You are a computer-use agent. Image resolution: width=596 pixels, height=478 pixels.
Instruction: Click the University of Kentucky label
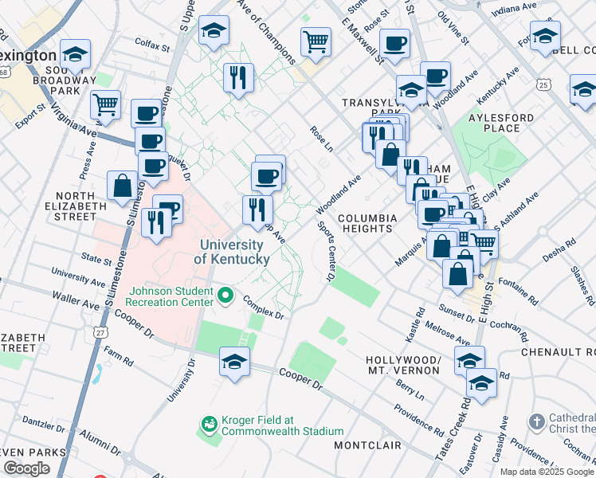pyautogui.click(x=231, y=252)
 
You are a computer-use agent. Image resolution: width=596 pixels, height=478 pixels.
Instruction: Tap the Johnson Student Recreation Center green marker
pyautogui.click(x=225, y=296)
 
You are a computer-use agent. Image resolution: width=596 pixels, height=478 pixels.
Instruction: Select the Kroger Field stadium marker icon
pyautogui.click(x=210, y=423)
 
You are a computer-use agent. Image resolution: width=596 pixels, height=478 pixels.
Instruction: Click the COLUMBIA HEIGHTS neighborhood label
pyautogui.click(x=367, y=223)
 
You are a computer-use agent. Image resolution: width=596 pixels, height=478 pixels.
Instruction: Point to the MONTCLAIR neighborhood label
pyautogui.click(x=366, y=445)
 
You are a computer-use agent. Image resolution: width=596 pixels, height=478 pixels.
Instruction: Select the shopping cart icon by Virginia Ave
pyautogui.click(x=105, y=104)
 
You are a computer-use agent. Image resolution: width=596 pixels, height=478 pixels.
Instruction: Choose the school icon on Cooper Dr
pyautogui.click(x=234, y=362)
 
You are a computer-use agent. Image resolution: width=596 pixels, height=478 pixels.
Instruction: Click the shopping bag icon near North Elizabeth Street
pyautogui.click(x=122, y=186)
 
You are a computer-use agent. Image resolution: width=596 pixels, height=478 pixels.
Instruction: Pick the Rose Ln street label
pyautogui.click(x=321, y=138)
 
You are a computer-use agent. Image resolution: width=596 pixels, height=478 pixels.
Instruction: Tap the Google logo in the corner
pyautogui.click(x=26, y=468)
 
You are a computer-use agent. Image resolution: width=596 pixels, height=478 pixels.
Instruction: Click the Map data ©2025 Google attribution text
pyautogui.click(x=547, y=471)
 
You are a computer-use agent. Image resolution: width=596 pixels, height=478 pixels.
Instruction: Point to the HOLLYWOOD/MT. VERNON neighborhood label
pyautogui.click(x=403, y=365)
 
